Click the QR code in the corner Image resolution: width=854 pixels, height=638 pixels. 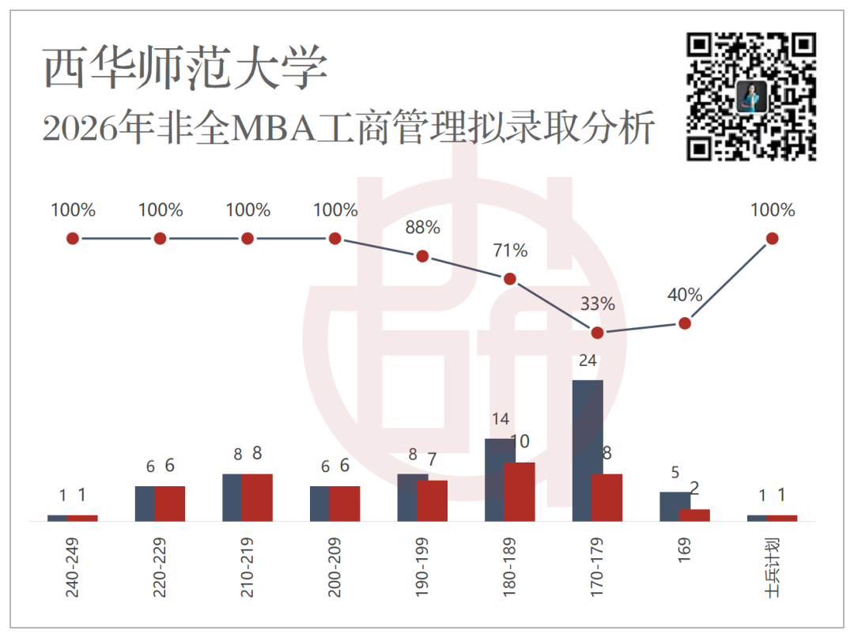tap(751, 97)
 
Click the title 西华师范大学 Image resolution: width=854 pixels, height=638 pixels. tap(185, 67)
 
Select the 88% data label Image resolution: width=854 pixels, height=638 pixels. tap(422, 227)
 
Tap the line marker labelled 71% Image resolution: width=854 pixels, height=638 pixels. tap(510, 279)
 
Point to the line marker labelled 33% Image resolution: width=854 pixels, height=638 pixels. tap(598, 333)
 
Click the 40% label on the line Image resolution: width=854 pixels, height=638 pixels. tap(685, 295)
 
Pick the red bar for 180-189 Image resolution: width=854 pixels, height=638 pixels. tap(520, 492)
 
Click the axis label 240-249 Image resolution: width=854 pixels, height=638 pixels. tap(73, 567)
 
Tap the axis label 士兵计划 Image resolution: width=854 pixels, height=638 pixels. tap(773, 567)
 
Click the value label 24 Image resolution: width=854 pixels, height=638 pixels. tap(588, 361)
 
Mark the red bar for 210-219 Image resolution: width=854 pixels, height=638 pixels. tap(257, 497)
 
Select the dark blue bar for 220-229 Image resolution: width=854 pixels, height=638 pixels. tap(145, 504)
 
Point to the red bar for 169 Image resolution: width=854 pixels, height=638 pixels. tap(694, 515)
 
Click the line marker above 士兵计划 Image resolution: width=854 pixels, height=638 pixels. tap(773, 239)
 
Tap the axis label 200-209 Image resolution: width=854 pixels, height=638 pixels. tap(335, 567)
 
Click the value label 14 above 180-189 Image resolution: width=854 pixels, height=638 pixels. tap(501, 419)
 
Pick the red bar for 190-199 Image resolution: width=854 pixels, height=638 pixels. tap(432, 500)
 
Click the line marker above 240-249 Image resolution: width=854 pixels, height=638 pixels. tap(73, 239)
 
